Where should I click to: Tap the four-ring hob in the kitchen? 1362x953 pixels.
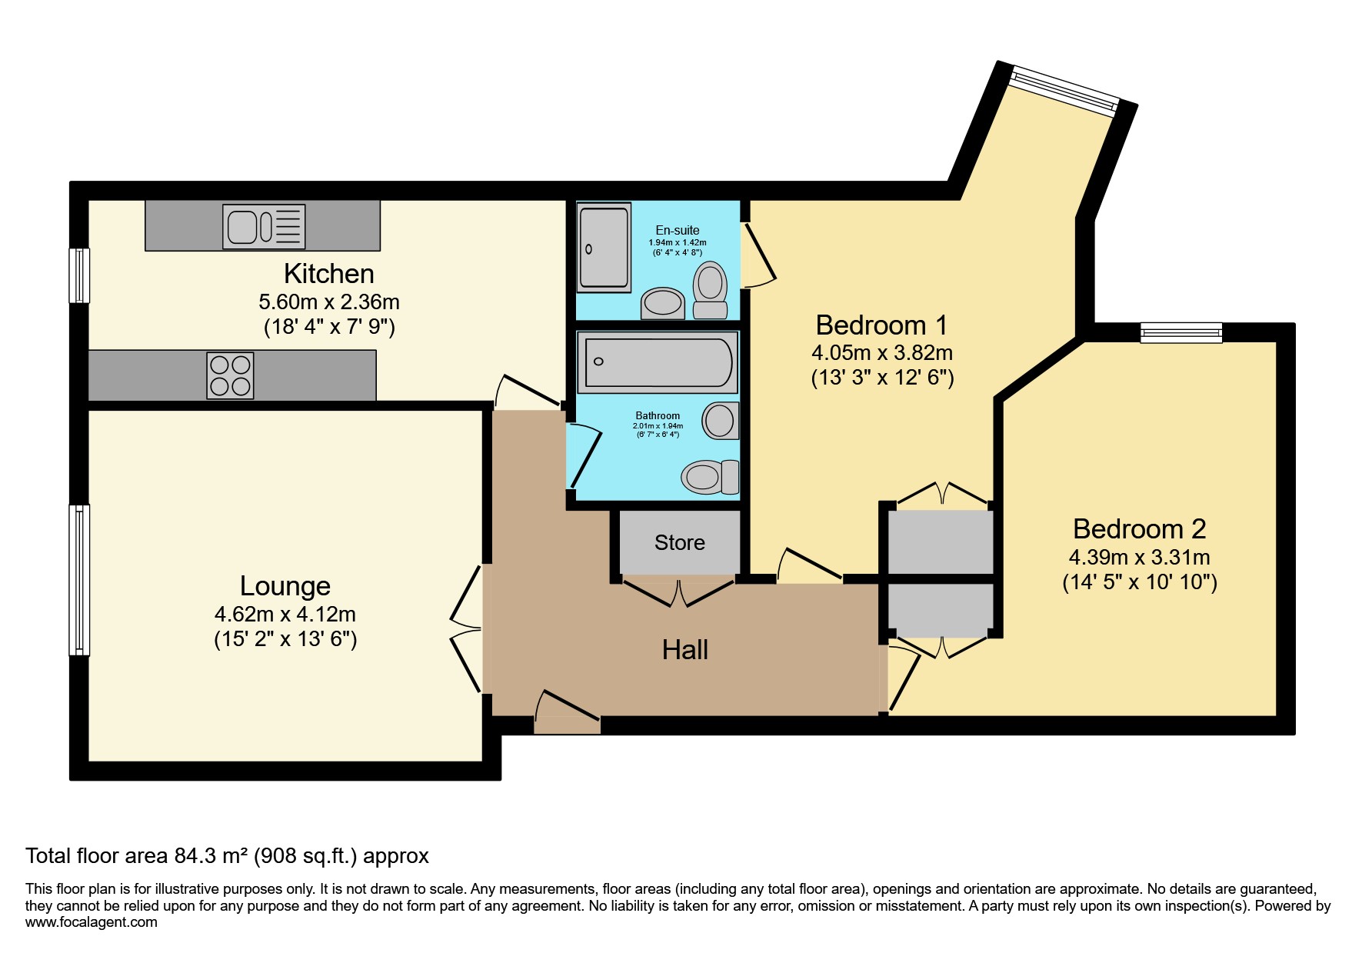pyautogui.click(x=230, y=375)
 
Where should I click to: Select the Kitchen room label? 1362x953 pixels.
pyautogui.click(x=328, y=274)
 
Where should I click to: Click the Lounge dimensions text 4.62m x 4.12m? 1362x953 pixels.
pyautogui.click(x=285, y=615)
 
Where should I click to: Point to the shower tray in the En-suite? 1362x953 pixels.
pyautogui.click(x=604, y=248)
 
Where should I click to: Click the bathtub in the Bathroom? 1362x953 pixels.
pyautogui.click(x=658, y=362)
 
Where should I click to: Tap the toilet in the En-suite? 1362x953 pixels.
pyautogui.click(x=710, y=290)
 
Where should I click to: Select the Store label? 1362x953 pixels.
pyautogui.click(x=679, y=543)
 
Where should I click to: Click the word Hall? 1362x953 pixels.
pyautogui.click(x=684, y=651)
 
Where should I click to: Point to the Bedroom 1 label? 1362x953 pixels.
pyautogui.click(x=881, y=325)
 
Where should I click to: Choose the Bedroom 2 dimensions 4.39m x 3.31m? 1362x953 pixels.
pyautogui.click(x=1139, y=558)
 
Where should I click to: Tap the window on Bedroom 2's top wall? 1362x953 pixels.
pyautogui.click(x=1181, y=332)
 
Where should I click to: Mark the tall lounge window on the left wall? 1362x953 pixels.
pyautogui.click(x=79, y=580)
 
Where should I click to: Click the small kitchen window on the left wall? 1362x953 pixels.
pyautogui.click(x=79, y=275)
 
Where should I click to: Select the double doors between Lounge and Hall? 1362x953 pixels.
pyautogui.click(x=466, y=629)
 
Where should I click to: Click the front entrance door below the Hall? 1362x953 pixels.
pyautogui.click(x=567, y=715)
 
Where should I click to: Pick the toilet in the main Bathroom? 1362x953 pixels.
pyautogui.click(x=710, y=477)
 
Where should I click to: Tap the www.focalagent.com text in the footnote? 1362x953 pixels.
pyautogui.click(x=91, y=922)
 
